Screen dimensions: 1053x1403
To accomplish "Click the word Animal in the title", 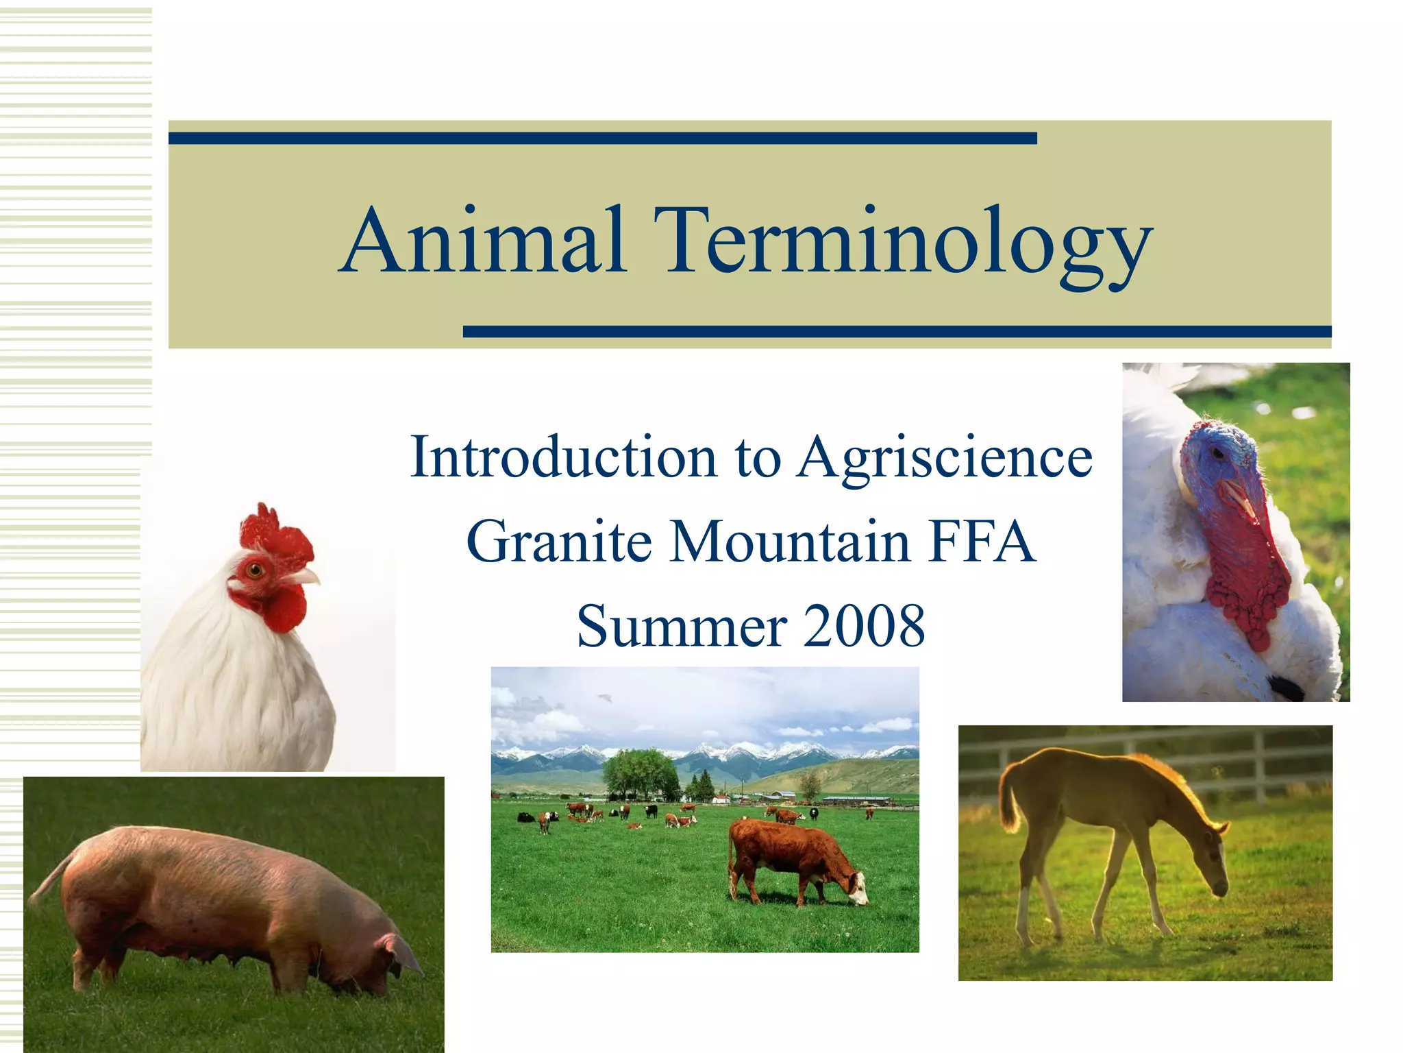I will (482, 241).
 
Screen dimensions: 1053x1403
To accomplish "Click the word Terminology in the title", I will (901, 243).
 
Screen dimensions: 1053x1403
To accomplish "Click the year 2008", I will (864, 627).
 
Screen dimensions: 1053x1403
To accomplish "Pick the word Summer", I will (681, 627).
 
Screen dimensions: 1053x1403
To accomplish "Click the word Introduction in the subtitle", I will (562, 458).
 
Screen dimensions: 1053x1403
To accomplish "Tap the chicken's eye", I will (255, 568).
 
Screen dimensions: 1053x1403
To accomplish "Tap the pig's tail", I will (51, 877).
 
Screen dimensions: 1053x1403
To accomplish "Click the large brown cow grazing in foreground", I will (788, 857).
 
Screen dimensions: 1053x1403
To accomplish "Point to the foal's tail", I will (1007, 802).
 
